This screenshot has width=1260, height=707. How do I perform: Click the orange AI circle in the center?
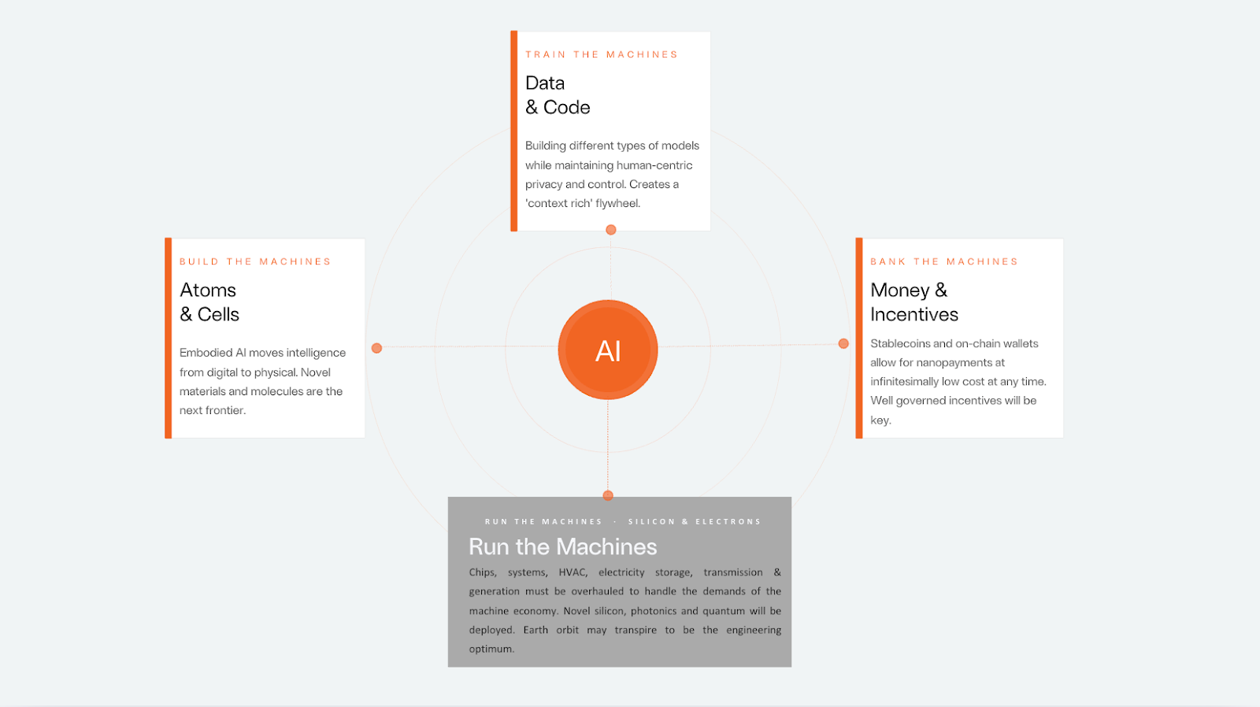(x=608, y=350)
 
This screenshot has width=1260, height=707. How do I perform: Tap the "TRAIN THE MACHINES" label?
(x=602, y=54)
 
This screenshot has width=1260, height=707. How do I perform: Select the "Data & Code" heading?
(x=558, y=95)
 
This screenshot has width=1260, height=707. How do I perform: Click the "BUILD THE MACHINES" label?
(x=255, y=261)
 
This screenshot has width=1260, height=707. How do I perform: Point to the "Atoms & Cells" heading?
(x=209, y=302)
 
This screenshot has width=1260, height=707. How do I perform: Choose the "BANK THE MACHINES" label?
(x=944, y=261)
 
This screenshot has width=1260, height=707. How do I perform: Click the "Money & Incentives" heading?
(x=914, y=302)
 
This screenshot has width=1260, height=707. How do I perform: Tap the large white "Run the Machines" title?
(x=562, y=546)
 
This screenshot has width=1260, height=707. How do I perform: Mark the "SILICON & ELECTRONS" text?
(x=695, y=521)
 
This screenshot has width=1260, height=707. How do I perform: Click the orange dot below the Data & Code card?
(x=611, y=230)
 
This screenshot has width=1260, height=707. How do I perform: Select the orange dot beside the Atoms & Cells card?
(x=376, y=348)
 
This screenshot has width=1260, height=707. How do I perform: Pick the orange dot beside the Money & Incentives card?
(x=843, y=343)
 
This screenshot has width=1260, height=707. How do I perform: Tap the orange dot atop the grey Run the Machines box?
(x=608, y=495)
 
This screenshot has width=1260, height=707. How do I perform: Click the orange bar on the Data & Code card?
(x=514, y=131)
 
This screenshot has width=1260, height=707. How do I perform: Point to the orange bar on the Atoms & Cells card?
(x=169, y=338)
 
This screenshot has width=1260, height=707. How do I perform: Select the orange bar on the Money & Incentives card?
(x=859, y=338)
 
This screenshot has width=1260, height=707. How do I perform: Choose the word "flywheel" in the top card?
(x=617, y=203)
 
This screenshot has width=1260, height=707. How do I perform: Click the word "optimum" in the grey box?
(x=491, y=649)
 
